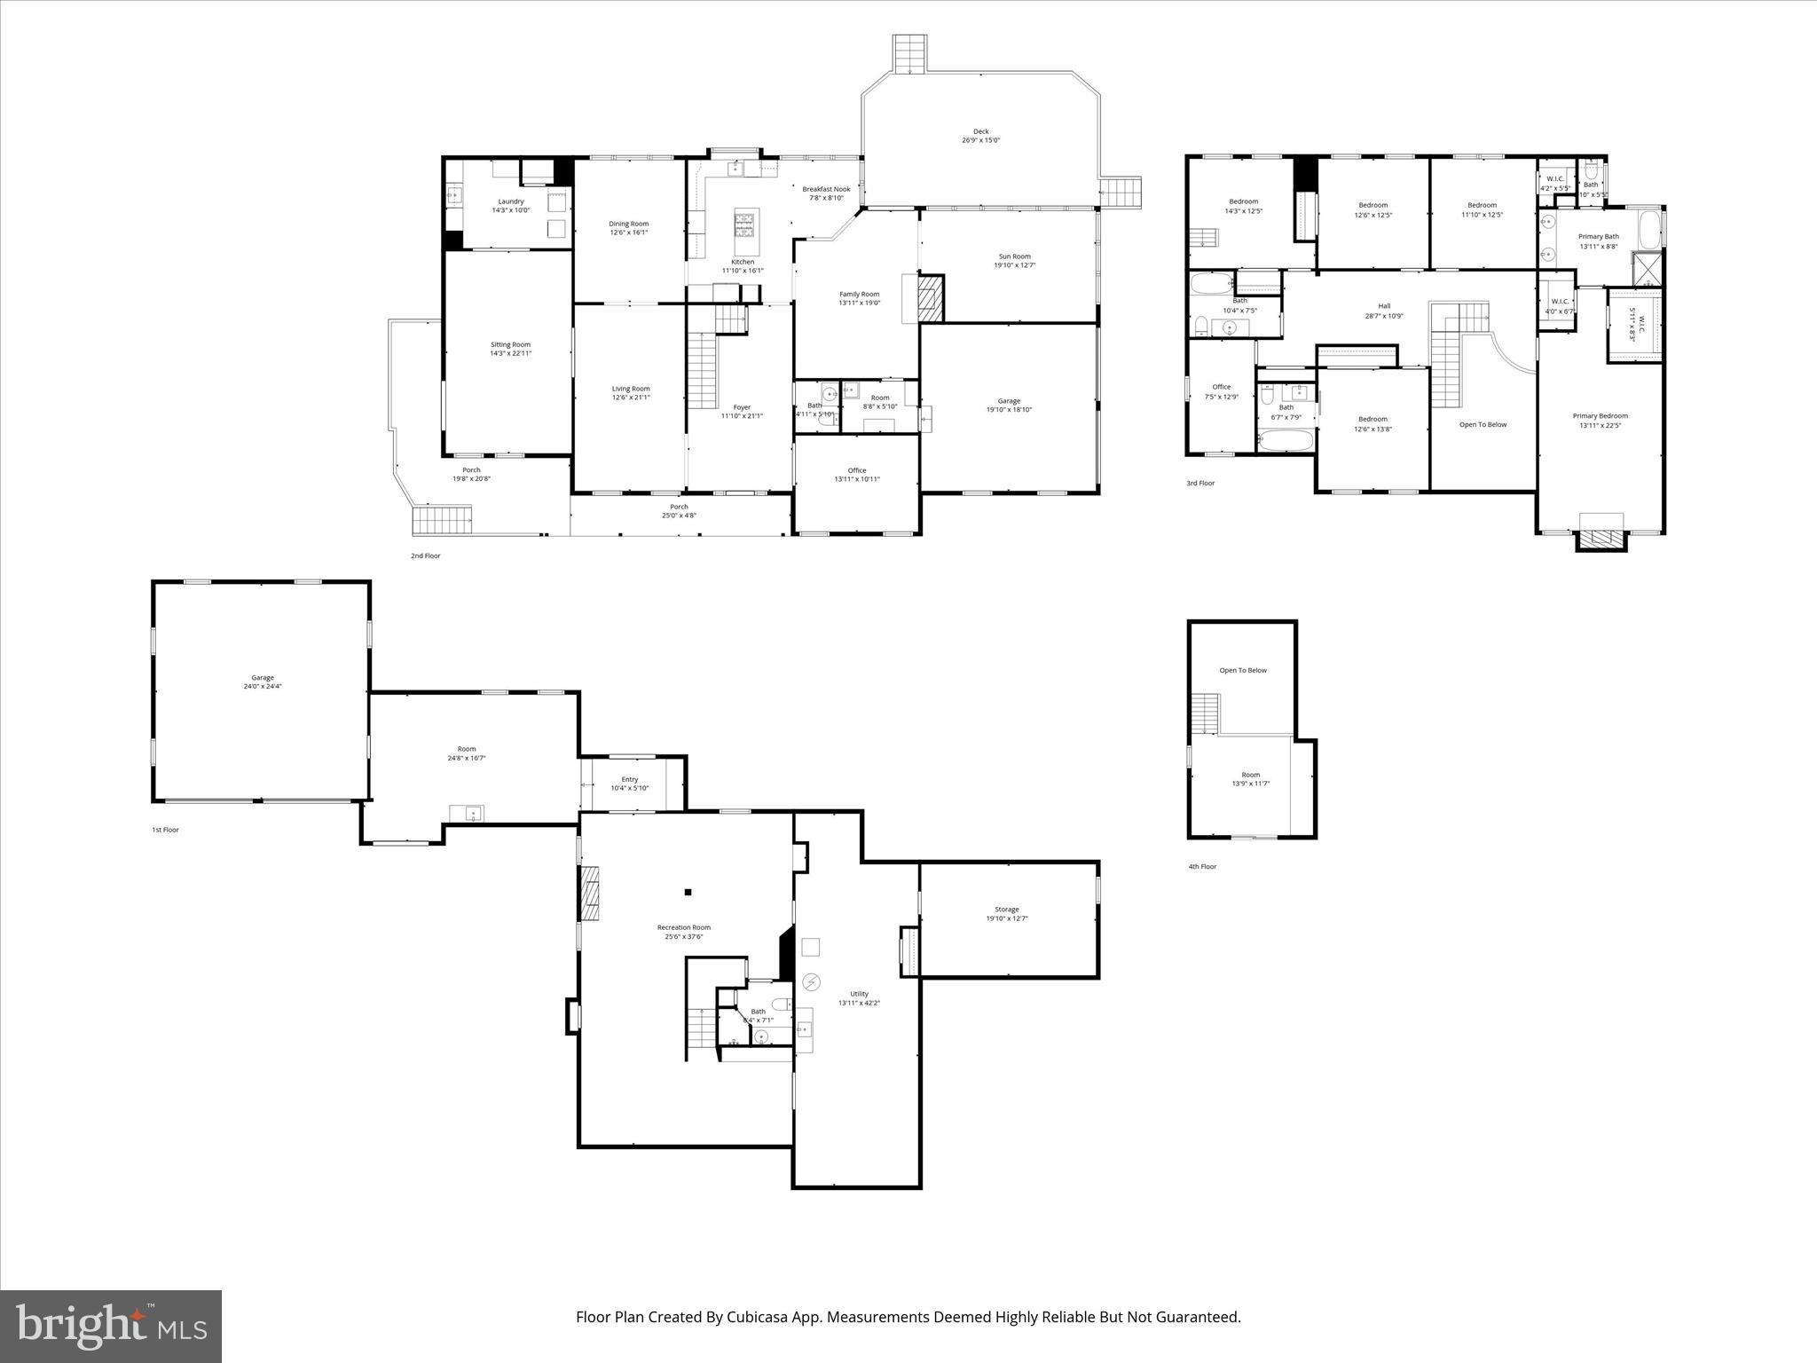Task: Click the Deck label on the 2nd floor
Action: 980,131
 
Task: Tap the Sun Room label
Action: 1014,256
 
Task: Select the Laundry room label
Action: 511,201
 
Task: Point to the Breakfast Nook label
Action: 826,189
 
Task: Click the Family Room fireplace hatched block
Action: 929,297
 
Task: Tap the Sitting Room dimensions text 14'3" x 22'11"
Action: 511,353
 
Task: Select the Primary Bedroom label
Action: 1600,415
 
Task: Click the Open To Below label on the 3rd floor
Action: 1483,424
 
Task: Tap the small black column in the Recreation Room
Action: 688,893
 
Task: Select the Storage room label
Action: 1006,909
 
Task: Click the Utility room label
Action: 859,994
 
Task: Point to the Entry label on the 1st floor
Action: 630,779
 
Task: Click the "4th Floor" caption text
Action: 1202,866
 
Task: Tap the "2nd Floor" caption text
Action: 425,555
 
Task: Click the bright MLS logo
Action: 111,1326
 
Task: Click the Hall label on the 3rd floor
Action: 1384,306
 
